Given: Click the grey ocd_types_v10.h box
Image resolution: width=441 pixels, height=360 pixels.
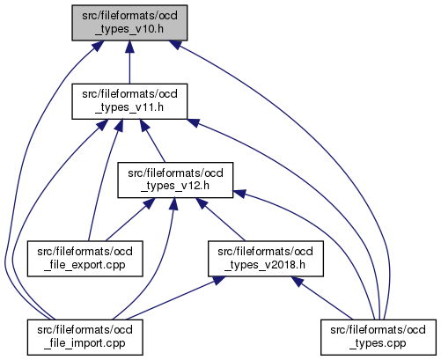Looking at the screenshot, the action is (129, 23).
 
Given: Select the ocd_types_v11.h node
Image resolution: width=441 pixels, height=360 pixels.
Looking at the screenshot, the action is (129, 101).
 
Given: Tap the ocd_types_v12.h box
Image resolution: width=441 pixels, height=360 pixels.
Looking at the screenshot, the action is (175, 180).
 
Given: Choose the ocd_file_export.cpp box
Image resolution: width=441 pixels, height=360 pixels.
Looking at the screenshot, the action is (85, 259).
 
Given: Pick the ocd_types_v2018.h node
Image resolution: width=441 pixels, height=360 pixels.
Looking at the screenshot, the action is (266, 259).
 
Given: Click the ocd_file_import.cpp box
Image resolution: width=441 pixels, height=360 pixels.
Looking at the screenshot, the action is (85, 337).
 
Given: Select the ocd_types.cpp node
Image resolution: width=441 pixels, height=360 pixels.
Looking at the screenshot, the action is (379, 337).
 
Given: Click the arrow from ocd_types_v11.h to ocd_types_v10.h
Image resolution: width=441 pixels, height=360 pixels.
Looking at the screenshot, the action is (129, 62).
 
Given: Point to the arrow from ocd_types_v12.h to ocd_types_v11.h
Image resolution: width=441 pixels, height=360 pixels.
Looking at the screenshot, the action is (152, 141).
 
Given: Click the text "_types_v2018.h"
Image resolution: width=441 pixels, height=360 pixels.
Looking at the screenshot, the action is (265, 265).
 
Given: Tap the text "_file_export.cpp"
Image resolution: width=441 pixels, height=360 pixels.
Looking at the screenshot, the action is (85, 265).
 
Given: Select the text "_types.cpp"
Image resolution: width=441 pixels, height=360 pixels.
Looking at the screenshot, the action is (378, 343).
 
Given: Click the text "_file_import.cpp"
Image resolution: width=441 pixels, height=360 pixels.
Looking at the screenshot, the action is (85, 343).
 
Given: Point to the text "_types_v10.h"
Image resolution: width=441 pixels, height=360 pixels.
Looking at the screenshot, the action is (129, 29).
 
